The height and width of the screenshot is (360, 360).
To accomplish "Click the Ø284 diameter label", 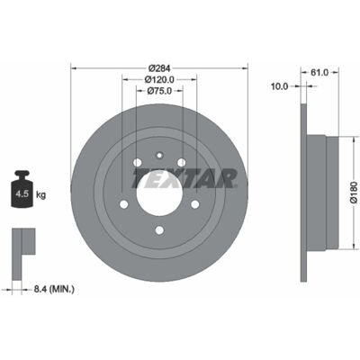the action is [159, 68].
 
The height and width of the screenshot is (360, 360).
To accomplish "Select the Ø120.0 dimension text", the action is [159, 79].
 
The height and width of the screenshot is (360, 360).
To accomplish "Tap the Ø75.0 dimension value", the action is [159, 91].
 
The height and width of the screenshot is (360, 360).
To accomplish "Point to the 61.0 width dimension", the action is [319, 72].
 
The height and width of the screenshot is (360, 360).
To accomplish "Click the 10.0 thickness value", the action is [279, 86].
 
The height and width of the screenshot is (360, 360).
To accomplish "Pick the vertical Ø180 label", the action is [355, 193].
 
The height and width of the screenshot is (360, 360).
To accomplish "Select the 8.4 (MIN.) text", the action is [54, 289].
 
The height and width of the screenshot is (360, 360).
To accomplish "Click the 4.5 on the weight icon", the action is [22, 193].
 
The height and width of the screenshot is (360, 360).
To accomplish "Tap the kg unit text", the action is [40, 195].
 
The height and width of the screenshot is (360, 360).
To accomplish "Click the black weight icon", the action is [22, 189].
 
